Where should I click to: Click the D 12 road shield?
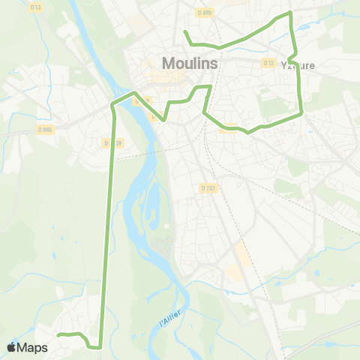[268, 63]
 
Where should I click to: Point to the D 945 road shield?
[45, 129]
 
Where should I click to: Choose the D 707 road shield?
[208, 187]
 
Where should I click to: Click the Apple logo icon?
[12, 347]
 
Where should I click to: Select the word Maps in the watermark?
[34, 347]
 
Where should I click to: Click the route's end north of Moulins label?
[184, 31]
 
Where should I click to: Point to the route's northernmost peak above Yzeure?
[289, 13]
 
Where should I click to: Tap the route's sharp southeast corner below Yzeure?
[301, 114]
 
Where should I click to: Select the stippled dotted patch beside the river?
[162, 245]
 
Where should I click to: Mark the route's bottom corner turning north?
[96, 347]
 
